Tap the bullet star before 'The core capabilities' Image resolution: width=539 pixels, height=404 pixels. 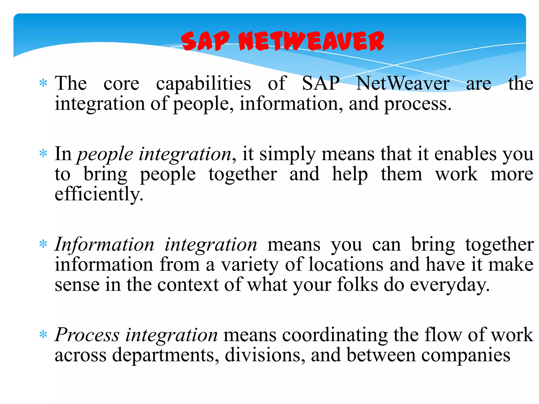coord(43,83)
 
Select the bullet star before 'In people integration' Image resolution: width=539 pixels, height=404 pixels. coord(43,153)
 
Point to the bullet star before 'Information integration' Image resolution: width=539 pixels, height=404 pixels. coord(43,244)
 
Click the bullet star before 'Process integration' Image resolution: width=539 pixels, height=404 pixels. coord(43,335)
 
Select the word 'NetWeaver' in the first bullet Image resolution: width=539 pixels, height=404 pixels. coord(402,84)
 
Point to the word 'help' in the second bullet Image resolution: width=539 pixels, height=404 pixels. coord(350,175)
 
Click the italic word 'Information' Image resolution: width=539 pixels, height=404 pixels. coord(104,245)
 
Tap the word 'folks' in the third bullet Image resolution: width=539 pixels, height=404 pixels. coord(357,285)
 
